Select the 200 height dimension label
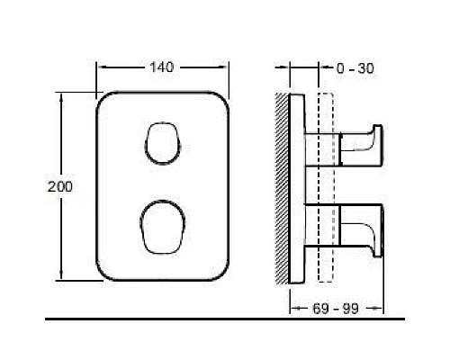58,186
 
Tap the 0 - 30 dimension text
354,68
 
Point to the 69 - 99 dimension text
337,309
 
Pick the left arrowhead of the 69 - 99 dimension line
293,309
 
